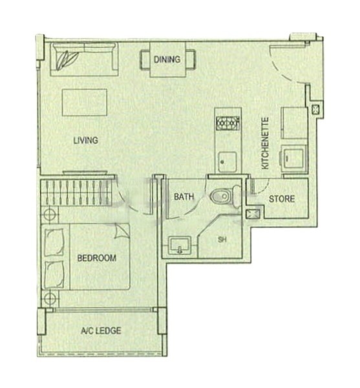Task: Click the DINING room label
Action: point(167,60)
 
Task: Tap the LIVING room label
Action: point(85,140)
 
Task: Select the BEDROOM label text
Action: point(97,258)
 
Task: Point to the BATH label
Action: point(181,197)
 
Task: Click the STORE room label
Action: point(282,199)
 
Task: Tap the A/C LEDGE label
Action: point(101,331)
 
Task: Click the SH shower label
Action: point(222,240)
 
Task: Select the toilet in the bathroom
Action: point(221,195)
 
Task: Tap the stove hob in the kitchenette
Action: point(228,123)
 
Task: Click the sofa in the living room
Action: point(84,59)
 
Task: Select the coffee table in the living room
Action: point(84,103)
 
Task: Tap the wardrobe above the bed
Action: point(74,193)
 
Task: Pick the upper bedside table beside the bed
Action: point(50,215)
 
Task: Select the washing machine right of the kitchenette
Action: point(294,157)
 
